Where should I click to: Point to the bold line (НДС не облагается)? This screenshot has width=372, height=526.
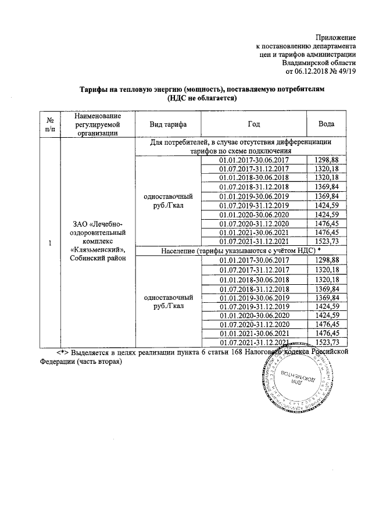click(201, 99)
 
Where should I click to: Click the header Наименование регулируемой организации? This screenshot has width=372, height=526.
click(97, 124)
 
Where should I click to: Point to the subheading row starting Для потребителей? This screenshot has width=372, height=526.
click(240, 146)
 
